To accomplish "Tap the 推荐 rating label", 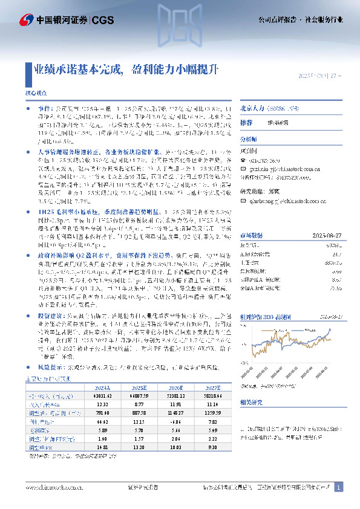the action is click(x=247, y=122).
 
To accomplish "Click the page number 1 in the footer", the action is click(x=339, y=487).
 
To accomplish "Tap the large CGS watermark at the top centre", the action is click(x=180, y=30).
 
